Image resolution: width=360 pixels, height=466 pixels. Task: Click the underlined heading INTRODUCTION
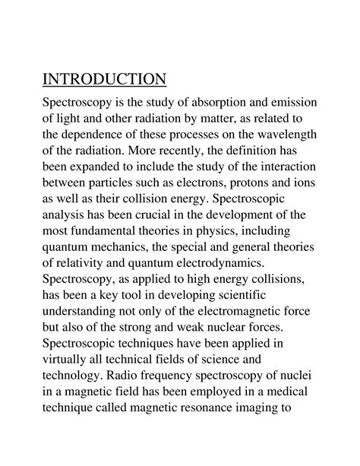(x=103, y=79)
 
